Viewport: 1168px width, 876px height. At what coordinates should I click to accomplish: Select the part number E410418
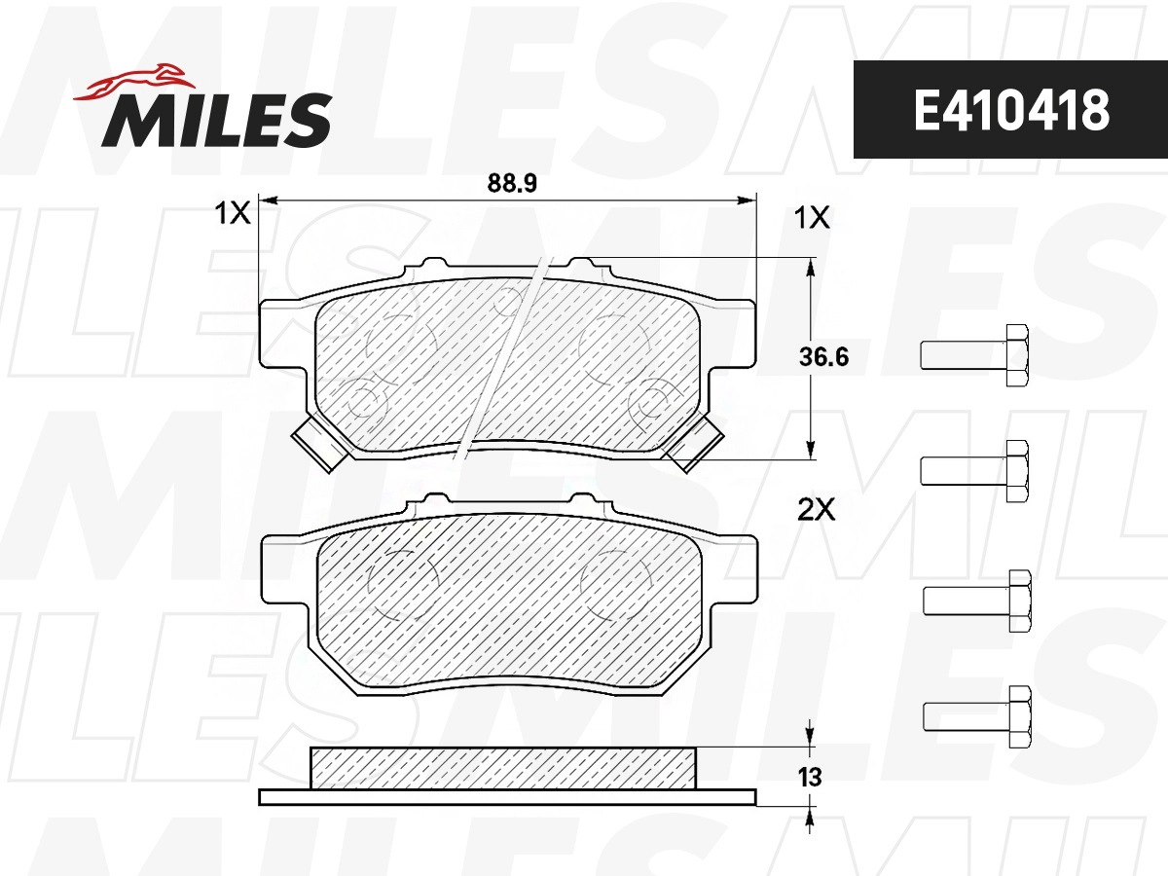[1010, 110]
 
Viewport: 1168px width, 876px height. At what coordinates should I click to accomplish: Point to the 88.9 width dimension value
[512, 182]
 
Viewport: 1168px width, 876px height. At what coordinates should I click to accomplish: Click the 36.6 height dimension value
[822, 357]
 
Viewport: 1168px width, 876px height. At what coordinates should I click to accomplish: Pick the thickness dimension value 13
[810, 778]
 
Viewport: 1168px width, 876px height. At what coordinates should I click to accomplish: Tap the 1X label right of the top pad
[813, 219]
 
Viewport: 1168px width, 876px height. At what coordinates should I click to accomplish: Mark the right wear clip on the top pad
[696, 444]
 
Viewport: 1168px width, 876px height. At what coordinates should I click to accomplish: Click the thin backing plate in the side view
[506, 797]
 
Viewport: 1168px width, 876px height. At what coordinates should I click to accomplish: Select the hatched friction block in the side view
[503, 768]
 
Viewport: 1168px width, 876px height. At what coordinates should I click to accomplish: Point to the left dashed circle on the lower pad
[401, 584]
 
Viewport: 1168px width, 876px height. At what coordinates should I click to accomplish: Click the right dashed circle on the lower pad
[615, 584]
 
